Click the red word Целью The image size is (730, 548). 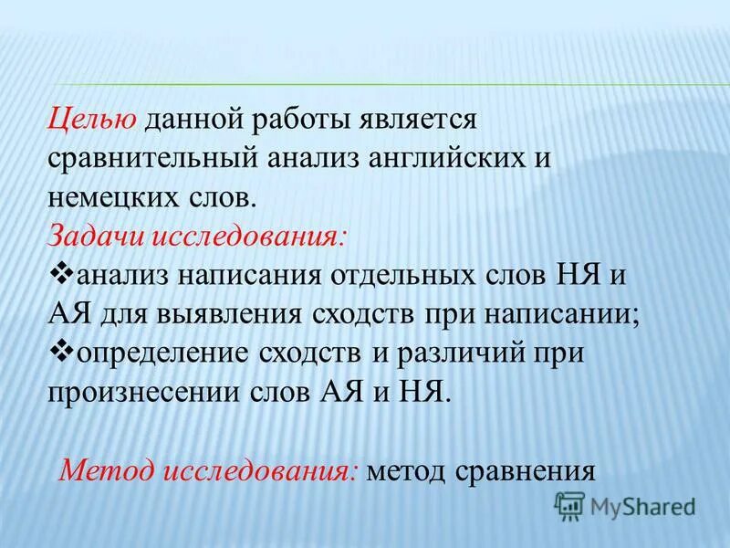[x=92, y=117]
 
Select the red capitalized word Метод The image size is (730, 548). [x=106, y=471]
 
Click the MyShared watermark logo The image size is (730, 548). [x=626, y=505]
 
